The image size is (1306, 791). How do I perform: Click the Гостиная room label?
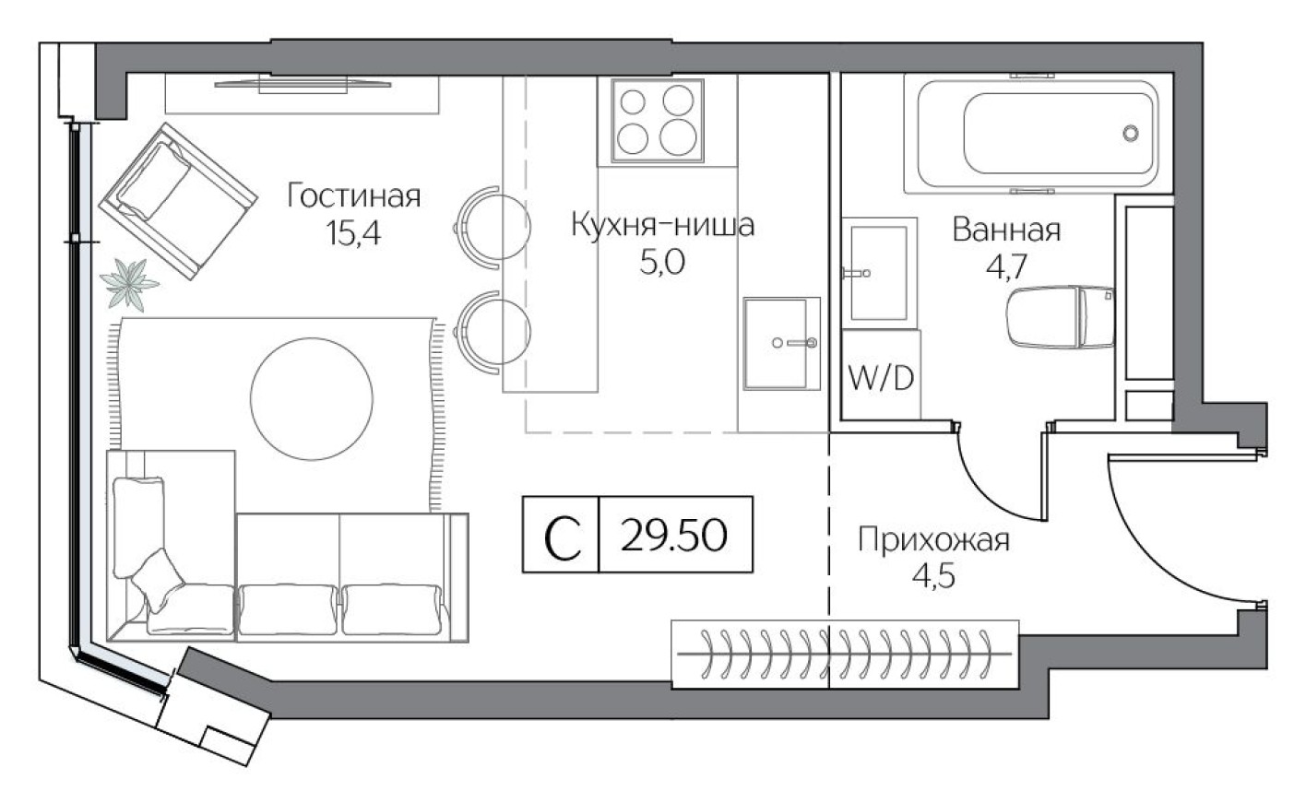(353, 196)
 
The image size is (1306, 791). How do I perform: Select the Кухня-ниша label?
(662, 225)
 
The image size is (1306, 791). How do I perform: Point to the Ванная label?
(1006, 230)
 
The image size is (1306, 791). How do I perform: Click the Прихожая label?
(933, 539)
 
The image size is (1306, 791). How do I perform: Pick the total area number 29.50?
(674, 535)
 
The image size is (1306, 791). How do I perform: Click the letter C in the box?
(561, 536)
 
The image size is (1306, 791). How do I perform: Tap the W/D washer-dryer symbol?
(881, 377)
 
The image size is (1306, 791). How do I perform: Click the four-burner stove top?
(656, 119)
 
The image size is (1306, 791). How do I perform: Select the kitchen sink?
(781, 343)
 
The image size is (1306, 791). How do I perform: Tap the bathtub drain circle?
(1131, 133)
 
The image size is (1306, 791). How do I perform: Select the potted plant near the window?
(129, 283)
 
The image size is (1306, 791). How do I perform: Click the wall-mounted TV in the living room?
(302, 86)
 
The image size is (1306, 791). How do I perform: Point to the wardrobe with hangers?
(843, 655)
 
